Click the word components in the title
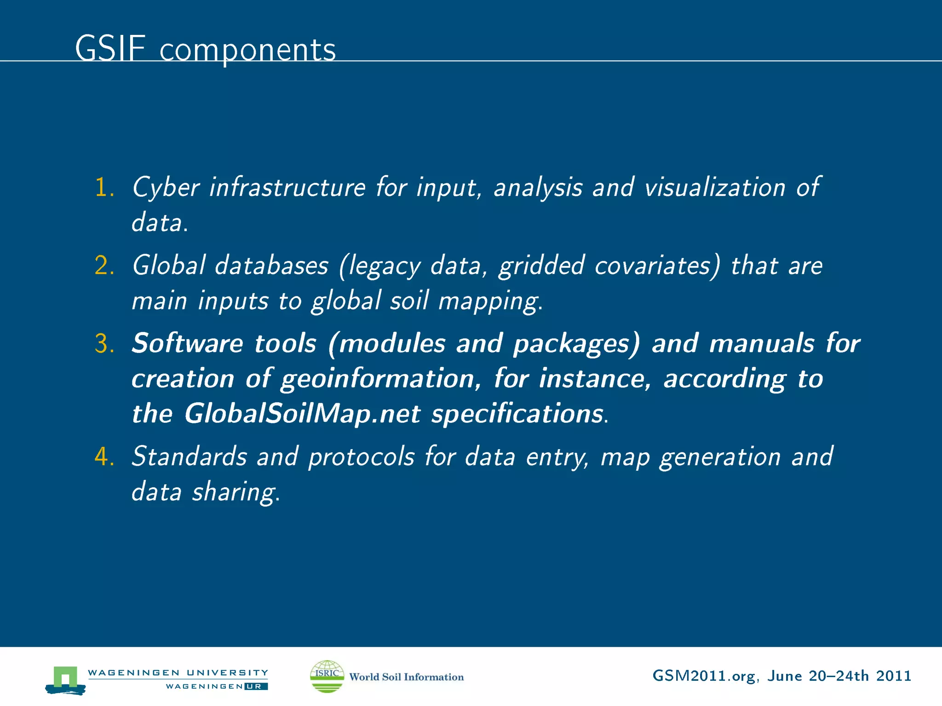[x=247, y=51]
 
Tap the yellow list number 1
[x=103, y=188]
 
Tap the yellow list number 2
[x=104, y=266]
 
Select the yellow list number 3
[x=104, y=344]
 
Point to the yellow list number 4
[x=104, y=457]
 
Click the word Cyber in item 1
[x=166, y=188]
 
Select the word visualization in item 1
[x=715, y=188]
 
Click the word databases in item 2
[x=272, y=266]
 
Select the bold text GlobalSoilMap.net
[x=302, y=414]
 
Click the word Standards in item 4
[x=190, y=457]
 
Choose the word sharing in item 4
[x=235, y=492]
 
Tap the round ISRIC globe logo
[x=327, y=676]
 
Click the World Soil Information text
[x=407, y=677]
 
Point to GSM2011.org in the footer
[x=704, y=676]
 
